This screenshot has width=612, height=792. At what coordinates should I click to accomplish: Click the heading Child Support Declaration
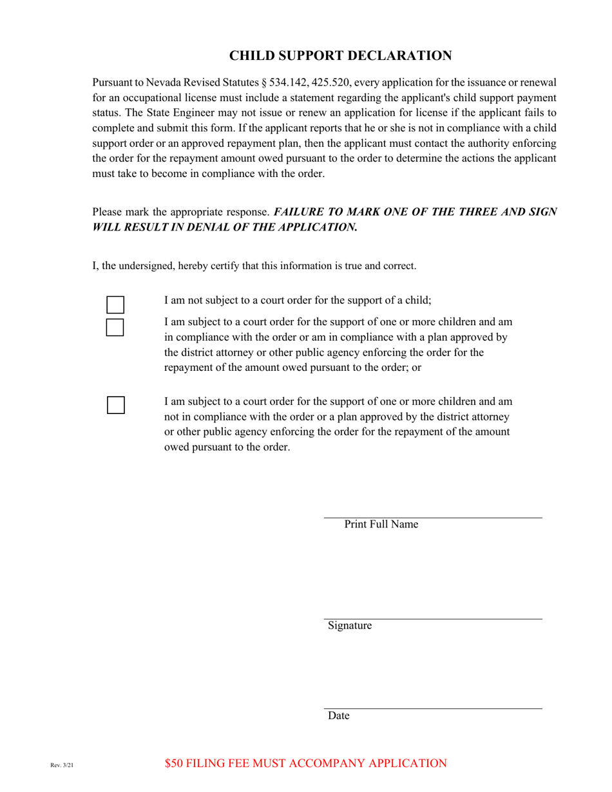click(340, 56)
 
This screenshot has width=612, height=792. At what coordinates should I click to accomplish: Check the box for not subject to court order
click(115, 305)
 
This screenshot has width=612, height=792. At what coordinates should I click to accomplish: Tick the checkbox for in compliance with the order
click(115, 327)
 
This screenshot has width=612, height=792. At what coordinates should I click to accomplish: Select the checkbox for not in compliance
click(115, 405)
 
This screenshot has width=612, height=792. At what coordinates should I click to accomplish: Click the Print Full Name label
click(381, 524)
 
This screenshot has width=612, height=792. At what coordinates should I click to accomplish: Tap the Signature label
click(349, 625)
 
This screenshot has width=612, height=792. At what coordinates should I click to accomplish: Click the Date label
click(338, 715)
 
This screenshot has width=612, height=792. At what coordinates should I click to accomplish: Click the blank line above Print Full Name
click(432, 516)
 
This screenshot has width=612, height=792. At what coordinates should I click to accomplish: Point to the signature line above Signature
click(432, 619)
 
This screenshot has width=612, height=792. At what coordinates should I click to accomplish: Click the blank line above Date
click(432, 708)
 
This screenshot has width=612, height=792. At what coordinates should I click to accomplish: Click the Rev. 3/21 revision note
click(62, 765)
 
